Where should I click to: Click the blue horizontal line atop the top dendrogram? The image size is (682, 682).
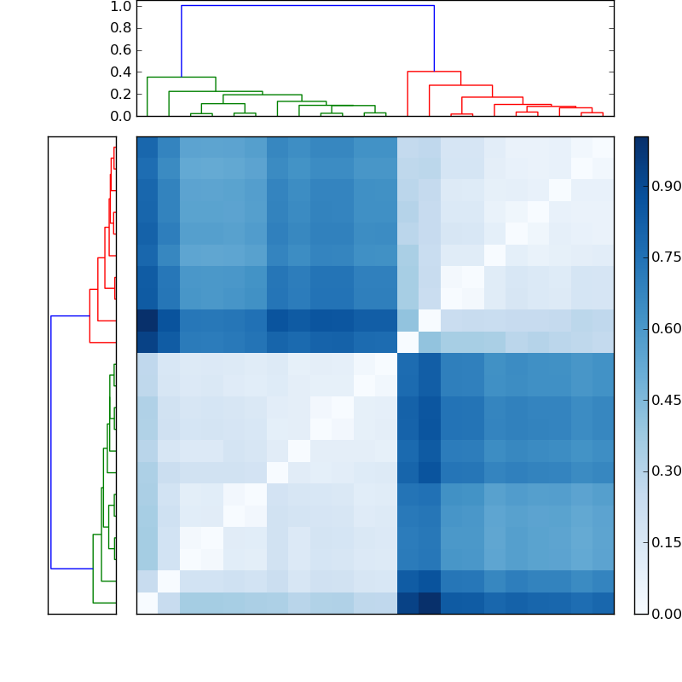pyautogui.click(x=307, y=6)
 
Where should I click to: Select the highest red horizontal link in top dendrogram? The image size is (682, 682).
pyautogui.click(x=434, y=72)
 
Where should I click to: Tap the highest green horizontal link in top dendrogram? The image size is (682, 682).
pyautogui.click(x=181, y=78)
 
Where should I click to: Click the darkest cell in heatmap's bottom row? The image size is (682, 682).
pyautogui.click(x=430, y=603)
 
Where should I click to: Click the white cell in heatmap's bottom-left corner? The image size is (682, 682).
pyautogui.click(x=147, y=603)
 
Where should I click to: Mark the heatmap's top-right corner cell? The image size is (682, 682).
pyautogui.click(x=603, y=147)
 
